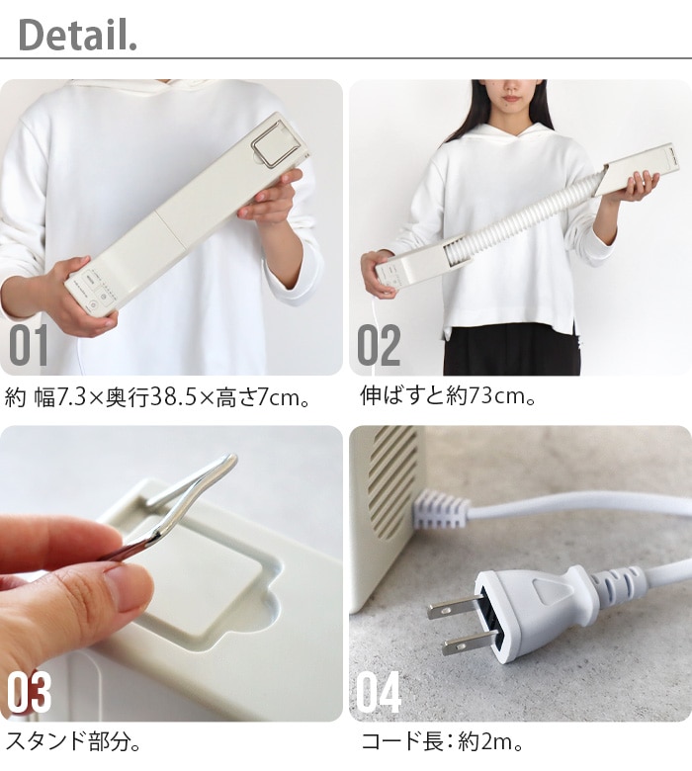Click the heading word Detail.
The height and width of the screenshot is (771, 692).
coord(77,35)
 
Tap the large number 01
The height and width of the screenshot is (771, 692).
coord(29,345)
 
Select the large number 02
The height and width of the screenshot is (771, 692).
coord(379,345)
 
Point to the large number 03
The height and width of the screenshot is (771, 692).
coord(29,692)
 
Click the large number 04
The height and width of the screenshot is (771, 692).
coord(379,692)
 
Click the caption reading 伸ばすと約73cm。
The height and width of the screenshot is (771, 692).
coord(448,395)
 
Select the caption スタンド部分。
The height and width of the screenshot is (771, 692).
coord(73,741)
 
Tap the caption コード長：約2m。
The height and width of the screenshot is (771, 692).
coord(442,741)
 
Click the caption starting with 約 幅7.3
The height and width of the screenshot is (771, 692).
coord(157,397)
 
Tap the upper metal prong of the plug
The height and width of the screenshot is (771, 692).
coord(455,607)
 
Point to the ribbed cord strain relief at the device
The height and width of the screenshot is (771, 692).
coord(441,509)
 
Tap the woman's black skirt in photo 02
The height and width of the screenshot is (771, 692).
coord(511,349)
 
